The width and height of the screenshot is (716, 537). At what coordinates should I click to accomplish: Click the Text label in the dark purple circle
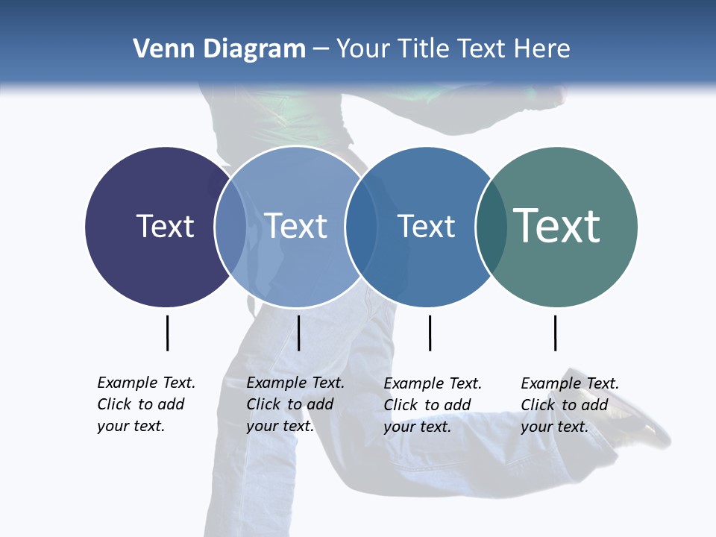(165, 226)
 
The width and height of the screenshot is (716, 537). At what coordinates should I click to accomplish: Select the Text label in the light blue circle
(295, 226)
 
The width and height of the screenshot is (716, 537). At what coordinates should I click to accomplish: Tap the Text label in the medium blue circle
(426, 226)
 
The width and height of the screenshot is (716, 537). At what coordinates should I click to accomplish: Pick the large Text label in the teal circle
(556, 226)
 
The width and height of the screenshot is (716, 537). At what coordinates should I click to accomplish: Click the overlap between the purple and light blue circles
(230, 226)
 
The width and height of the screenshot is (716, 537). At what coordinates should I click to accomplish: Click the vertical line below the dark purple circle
(167, 333)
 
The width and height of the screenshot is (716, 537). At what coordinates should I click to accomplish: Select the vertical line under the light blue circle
(298, 333)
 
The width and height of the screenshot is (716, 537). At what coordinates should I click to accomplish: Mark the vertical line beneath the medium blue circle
(430, 333)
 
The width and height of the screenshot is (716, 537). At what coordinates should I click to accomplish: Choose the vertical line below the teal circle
(555, 333)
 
